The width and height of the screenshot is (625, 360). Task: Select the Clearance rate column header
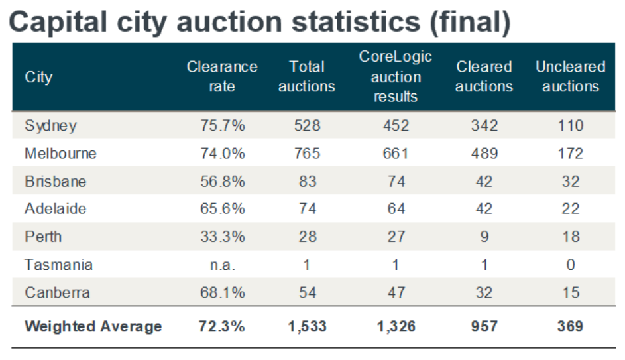point(221,77)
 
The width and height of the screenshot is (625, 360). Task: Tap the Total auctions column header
point(306,77)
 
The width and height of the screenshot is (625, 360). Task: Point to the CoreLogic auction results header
point(395,77)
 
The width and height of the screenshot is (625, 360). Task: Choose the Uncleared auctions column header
point(570,77)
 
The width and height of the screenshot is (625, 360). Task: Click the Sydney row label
point(51,125)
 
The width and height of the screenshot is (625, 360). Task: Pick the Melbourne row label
point(60,153)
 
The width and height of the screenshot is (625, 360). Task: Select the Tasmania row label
point(58,265)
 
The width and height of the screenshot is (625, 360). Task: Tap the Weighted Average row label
point(93,326)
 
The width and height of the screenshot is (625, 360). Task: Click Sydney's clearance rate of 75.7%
point(221,125)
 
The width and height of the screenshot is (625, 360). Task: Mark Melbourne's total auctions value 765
point(306,153)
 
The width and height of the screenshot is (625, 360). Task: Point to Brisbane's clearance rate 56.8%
point(221,181)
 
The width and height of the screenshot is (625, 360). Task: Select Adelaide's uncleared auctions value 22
point(570,209)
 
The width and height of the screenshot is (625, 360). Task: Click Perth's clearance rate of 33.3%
point(221,237)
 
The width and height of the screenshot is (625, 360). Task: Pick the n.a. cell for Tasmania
point(221,265)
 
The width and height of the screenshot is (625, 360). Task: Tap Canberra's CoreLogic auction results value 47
point(395,292)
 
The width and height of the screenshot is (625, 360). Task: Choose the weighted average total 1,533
point(306,326)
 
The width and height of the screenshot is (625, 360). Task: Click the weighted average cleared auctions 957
point(484,326)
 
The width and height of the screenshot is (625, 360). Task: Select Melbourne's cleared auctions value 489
point(484,153)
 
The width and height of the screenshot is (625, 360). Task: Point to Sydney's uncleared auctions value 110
point(570,125)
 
